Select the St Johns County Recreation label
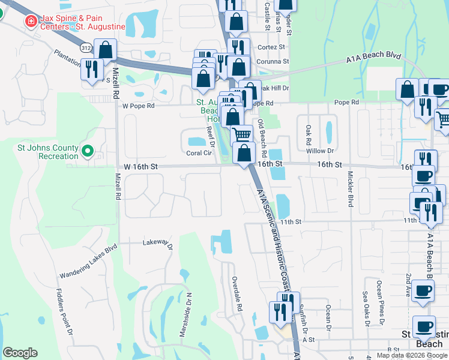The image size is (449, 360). point(48,152)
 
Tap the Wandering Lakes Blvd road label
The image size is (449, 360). point(88,262)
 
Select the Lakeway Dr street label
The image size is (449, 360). point(157,244)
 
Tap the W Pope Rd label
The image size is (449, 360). point(138,106)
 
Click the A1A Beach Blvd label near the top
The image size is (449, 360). point(373,56)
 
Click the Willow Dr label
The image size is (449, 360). point(323,151)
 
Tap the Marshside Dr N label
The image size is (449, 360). point(188,312)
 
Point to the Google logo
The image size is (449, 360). point(20,352)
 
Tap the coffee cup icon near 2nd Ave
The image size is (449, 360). point(424,291)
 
